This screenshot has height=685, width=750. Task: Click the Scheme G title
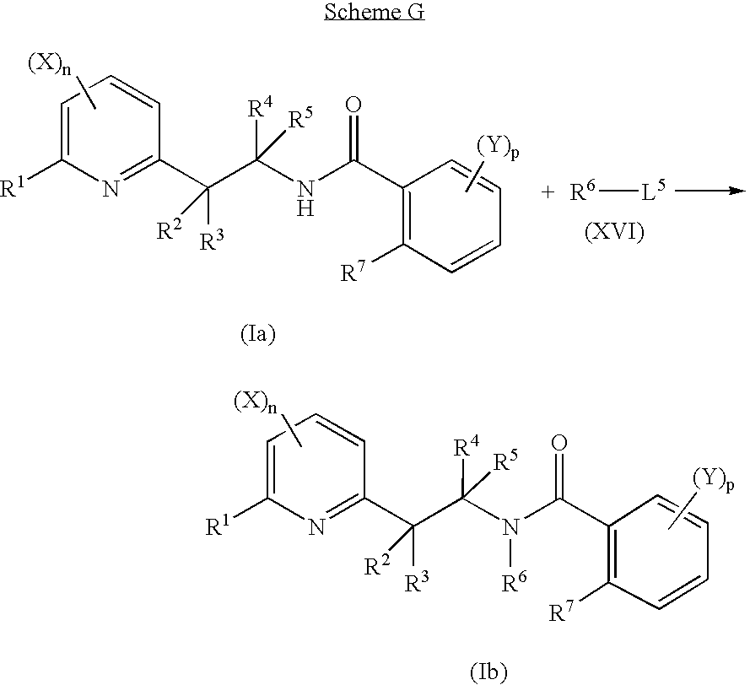click(x=375, y=12)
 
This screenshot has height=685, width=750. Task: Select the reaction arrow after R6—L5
click(x=710, y=191)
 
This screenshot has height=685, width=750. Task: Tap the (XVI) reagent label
click(x=615, y=232)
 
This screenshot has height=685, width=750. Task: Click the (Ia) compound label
click(x=258, y=334)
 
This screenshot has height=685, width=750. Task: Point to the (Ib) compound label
click(x=488, y=672)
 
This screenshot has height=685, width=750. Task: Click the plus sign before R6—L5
click(x=548, y=192)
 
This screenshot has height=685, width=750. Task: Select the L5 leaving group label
click(x=652, y=191)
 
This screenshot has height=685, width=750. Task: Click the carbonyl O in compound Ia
click(x=353, y=105)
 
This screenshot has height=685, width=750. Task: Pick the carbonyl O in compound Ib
click(x=558, y=443)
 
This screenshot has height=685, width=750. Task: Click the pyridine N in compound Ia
click(x=111, y=189)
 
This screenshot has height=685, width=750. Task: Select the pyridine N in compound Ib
click(x=316, y=526)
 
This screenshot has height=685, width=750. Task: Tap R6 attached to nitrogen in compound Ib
click(x=514, y=582)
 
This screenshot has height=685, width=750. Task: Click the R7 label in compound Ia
click(x=353, y=272)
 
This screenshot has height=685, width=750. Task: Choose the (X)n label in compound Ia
click(x=49, y=64)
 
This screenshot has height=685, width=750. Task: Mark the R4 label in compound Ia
click(x=261, y=108)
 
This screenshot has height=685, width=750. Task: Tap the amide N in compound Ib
click(x=511, y=526)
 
